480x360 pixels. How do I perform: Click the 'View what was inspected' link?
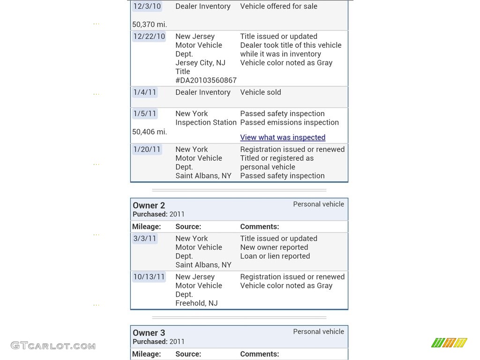(x=283, y=137)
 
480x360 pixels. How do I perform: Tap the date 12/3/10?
(x=147, y=7)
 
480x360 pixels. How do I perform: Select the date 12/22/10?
(x=149, y=37)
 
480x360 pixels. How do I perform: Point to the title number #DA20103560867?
(x=206, y=80)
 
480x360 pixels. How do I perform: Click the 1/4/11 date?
(x=145, y=92)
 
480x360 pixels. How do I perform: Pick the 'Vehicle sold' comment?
(x=261, y=92)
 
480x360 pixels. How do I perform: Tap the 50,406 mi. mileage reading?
(x=150, y=132)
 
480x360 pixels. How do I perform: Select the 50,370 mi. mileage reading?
(x=150, y=24)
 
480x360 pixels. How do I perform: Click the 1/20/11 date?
(x=147, y=150)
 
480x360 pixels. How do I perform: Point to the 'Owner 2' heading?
(x=149, y=205)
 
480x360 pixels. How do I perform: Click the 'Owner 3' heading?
(x=149, y=333)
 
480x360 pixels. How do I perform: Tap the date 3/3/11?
(x=145, y=239)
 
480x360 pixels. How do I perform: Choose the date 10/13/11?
(x=149, y=277)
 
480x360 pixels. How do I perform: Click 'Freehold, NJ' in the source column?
(x=196, y=303)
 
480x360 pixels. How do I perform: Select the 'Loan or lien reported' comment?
(x=275, y=256)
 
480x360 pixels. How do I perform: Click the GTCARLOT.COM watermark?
(x=53, y=346)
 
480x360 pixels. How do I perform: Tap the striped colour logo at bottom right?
(x=449, y=343)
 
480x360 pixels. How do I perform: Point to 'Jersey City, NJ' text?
(x=200, y=63)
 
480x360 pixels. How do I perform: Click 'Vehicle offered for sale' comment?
(x=278, y=7)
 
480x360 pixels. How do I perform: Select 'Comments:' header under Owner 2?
(x=259, y=226)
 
